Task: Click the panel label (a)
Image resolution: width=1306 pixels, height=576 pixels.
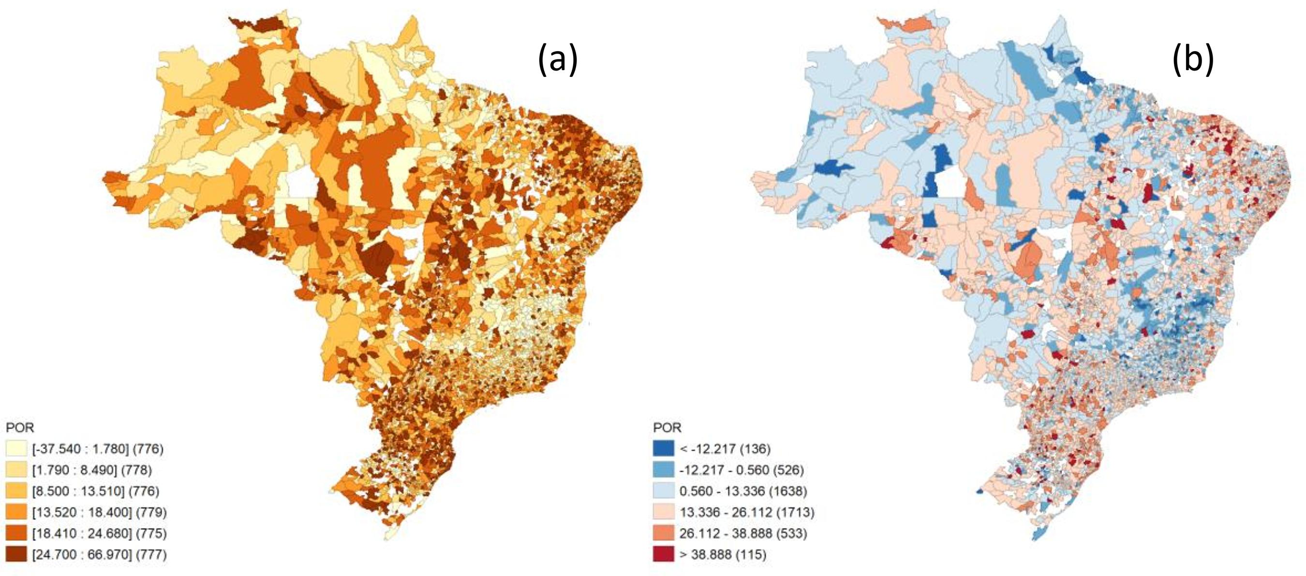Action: pyautogui.click(x=557, y=59)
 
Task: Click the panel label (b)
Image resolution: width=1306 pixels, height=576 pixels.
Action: pyautogui.click(x=1193, y=59)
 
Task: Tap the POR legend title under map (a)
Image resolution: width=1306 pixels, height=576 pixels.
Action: pyautogui.click(x=20, y=428)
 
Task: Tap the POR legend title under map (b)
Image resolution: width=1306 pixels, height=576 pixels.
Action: pyautogui.click(x=667, y=428)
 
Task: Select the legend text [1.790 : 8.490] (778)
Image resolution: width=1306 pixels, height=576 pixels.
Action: pyautogui.click(x=92, y=470)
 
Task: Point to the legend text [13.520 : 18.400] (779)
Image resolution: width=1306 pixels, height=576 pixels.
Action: pyautogui.click(x=99, y=512)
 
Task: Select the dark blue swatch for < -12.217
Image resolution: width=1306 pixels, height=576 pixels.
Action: pyautogui.click(x=664, y=449)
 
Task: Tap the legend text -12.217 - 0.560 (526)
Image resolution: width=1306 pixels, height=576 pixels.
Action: pyautogui.click(x=742, y=470)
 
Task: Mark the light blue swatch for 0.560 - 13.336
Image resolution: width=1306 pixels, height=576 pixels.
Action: pyautogui.click(x=664, y=491)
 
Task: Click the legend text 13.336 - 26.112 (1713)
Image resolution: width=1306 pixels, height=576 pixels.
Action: pyautogui.click(x=747, y=512)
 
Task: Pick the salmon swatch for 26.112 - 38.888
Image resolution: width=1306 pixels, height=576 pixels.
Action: pyautogui.click(x=664, y=533)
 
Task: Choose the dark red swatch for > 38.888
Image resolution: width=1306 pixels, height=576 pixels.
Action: pyautogui.click(x=664, y=554)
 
